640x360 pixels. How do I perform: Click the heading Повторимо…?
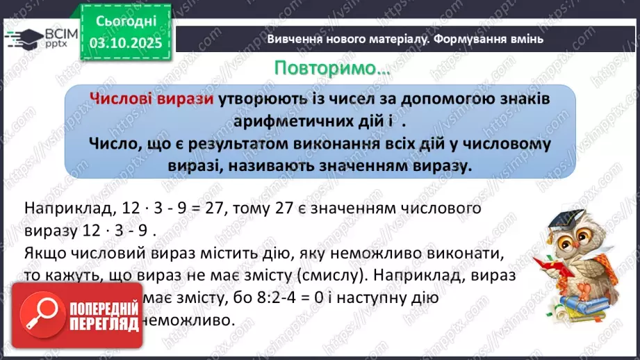pos(332,69)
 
